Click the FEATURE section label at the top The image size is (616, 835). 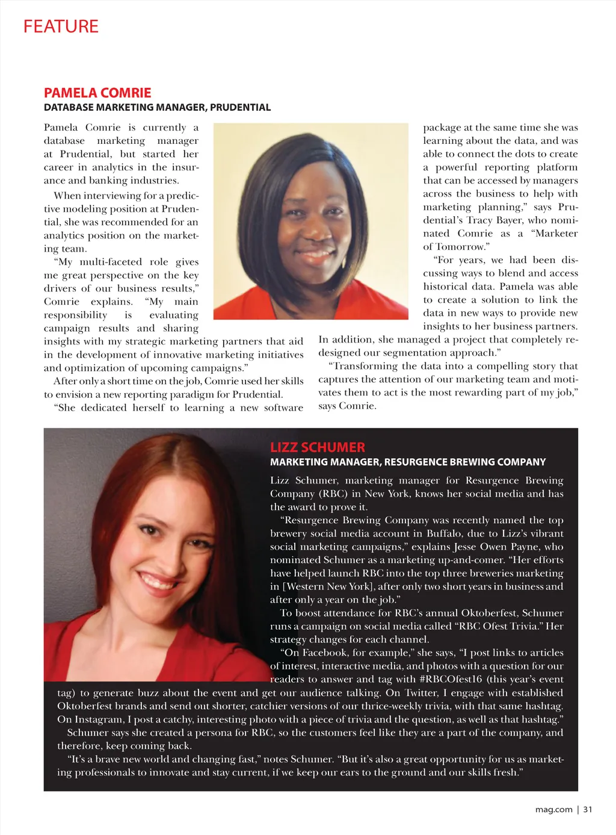[x=61, y=26]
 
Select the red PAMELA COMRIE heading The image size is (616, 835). [x=97, y=93]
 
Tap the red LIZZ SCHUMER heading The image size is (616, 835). [x=317, y=447]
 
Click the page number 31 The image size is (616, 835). [x=588, y=809]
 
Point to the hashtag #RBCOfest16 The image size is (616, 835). [x=450, y=679]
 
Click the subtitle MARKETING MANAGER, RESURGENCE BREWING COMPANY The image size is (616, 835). [x=407, y=462]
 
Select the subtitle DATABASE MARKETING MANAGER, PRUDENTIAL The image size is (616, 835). [x=157, y=108]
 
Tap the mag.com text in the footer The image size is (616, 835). [x=553, y=809]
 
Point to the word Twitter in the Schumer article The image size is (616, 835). [x=421, y=693]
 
